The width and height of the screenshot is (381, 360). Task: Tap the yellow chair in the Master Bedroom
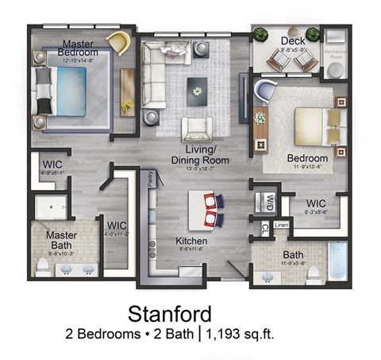(x=119, y=43)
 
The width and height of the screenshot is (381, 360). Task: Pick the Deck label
(x=288, y=41)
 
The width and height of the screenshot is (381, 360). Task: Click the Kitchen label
(x=192, y=241)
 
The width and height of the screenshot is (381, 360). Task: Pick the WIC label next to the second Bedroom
(x=318, y=202)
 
